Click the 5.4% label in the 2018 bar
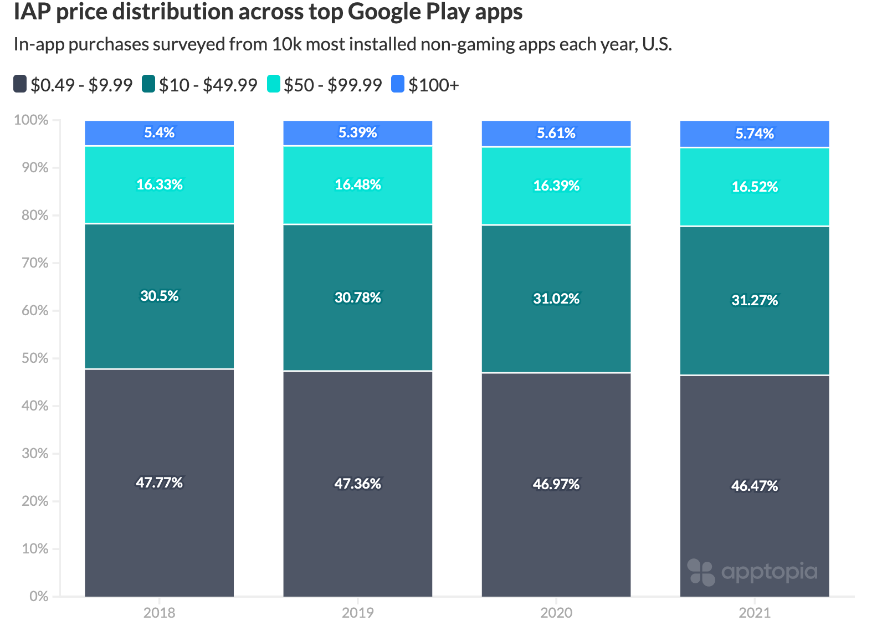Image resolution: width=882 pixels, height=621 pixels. (x=160, y=132)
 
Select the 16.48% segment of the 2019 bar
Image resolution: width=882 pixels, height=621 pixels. (x=358, y=184)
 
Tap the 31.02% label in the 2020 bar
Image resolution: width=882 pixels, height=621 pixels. (x=556, y=299)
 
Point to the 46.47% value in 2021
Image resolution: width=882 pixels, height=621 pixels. (x=755, y=486)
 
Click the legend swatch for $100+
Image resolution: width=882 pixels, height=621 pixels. (x=398, y=84)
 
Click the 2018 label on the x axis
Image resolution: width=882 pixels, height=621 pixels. (x=160, y=612)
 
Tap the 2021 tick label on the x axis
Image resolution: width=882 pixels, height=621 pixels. (x=755, y=612)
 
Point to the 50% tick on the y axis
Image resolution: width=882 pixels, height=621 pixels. (x=35, y=358)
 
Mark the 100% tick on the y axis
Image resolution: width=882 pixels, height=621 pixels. (x=31, y=120)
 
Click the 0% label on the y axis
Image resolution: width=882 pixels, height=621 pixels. (x=39, y=596)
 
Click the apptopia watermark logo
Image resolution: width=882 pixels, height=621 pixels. (x=752, y=572)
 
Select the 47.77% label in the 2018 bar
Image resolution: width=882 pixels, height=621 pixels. (x=160, y=483)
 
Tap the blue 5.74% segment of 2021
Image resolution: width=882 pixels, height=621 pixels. (x=755, y=134)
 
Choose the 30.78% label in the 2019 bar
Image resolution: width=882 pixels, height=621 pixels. (x=358, y=297)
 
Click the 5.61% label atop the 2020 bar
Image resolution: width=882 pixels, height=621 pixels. (x=556, y=133)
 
